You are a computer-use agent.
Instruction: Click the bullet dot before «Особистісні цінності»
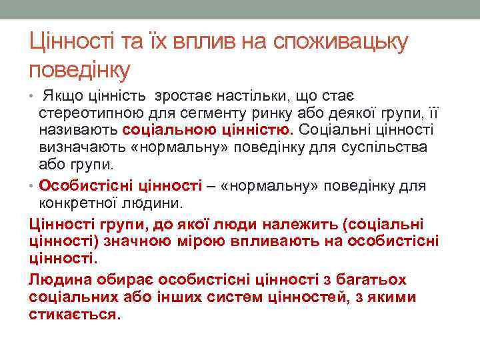33,186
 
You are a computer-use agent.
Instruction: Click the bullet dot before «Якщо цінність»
33,98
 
